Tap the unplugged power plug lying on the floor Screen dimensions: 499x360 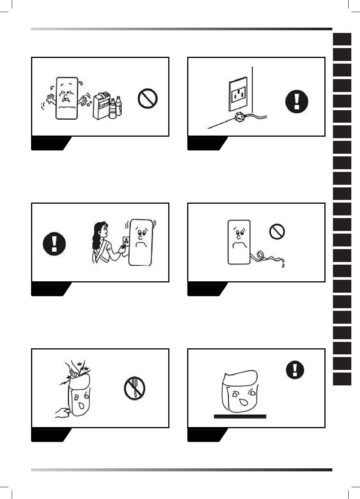(239, 117)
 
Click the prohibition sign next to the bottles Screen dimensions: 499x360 (147, 98)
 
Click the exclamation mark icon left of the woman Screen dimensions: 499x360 (54, 243)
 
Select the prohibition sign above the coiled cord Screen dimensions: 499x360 (277, 231)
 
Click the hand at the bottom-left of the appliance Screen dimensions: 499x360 (61, 412)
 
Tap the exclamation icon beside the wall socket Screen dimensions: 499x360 (297, 101)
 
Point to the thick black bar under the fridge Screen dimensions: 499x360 (240, 416)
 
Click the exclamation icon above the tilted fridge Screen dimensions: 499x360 (295, 370)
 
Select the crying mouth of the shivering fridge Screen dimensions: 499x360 (67, 100)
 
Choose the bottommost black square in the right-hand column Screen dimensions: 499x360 (342, 379)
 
